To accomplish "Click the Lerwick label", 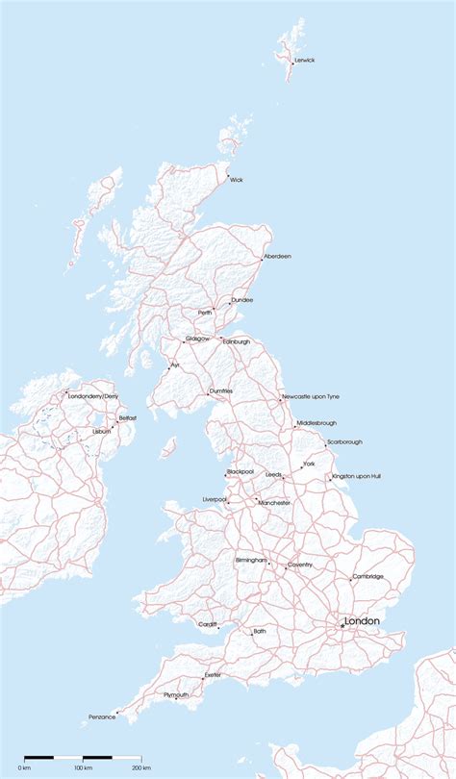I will pyautogui.click(x=305, y=61).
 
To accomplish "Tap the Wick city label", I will pyautogui.click(x=237, y=180).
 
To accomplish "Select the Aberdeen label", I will pyautogui.click(x=278, y=257).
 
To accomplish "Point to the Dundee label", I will pyautogui.click(x=242, y=300).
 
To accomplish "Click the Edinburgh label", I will pyautogui.click(x=237, y=341).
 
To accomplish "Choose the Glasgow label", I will pyautogui.click(x=197, y=339).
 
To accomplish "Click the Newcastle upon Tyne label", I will pyautogui.click(x=311, y=397).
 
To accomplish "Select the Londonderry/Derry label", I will pyautogui.click(x=93, y=395).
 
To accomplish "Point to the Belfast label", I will pyautogui.click(x=128, y=418).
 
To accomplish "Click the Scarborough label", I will pyautogui.click(x=344, y=442).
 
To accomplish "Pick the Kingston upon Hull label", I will pyautogui.click(x=356, y=477).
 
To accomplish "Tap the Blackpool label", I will pyautogui.click(x=240, y=472).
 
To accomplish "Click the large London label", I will pyautogui.click(x=363, y=622).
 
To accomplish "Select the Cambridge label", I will pyautogui.click(x=367, y=577).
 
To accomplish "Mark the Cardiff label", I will pyautogui.click(x=208, y=625).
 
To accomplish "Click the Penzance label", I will pyautogui.click(x=102, y=717).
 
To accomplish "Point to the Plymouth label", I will pyautogui.click(x=176, y=694).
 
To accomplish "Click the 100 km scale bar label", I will pyautogui.click(x=83, y=767).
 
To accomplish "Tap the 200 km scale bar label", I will pyautogui.click(x=140, y=767).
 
